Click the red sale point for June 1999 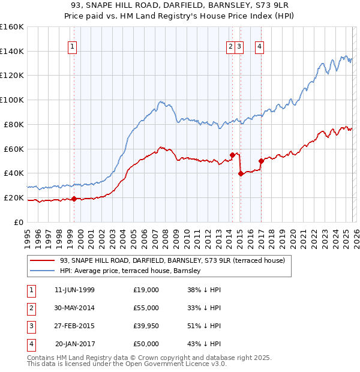[x=74, y=199]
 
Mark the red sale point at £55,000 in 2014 [x=232, y=154]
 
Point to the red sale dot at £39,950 [x=241, y=173]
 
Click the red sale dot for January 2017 [x=261, y=161]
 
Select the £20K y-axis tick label [x=13, y=197]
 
